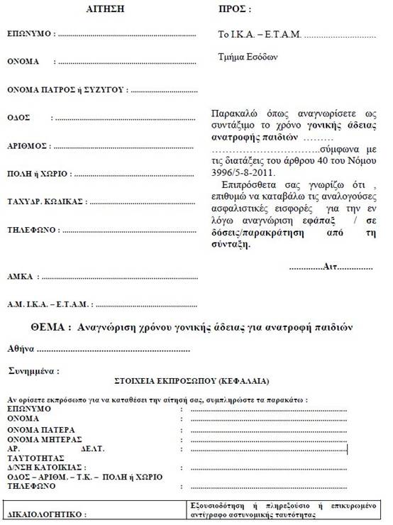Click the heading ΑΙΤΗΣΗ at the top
104,9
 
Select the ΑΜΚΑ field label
21,277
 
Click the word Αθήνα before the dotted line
21,349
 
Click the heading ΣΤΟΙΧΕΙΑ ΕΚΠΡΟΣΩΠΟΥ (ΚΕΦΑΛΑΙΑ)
192,381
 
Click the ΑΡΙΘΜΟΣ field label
28,145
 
